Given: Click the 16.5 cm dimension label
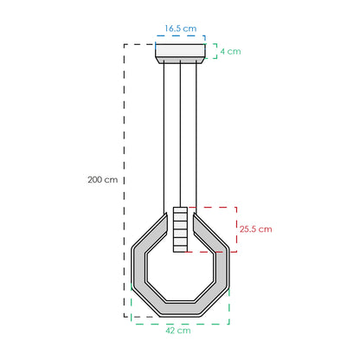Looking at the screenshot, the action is [x=181, y=29].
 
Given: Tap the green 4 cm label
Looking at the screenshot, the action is [x=230, y=51].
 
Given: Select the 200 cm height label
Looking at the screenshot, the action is [x=103, y=180].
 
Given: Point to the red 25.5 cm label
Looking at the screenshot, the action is [x=255, y=229].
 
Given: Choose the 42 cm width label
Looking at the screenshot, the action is [x=178, y=331].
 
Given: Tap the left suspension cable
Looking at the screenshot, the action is [x=164, y=138].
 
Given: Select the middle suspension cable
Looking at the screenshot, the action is [x=180, y=135].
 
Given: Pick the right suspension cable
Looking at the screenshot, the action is [x=196, y=138].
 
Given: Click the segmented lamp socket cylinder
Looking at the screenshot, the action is [x=180, y=229].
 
